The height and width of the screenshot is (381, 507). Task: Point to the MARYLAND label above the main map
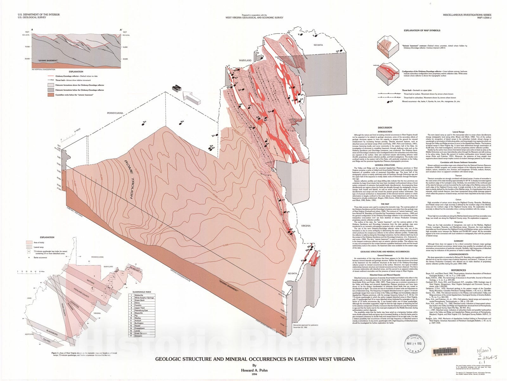click(x=245, y=60)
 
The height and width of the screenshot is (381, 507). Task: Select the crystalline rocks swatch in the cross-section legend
click(x=51, y=95)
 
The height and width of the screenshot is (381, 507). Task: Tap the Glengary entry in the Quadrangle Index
click(x=139, y=336)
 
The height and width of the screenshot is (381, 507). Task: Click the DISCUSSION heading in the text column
click(x=385, y=128)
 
